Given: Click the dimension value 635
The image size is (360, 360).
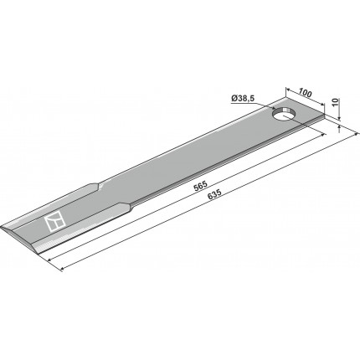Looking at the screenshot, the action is click(x=215, y=193).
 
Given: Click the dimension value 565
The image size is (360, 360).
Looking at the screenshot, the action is click(x=201, y=185).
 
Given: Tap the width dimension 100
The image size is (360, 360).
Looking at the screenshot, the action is click(x=305, y=93).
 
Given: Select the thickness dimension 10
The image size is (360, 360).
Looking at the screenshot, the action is click(x=336, y=102).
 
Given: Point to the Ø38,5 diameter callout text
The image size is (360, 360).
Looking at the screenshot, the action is click(x=244, y=99).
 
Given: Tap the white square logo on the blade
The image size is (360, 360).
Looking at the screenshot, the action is click(x=54, y=221).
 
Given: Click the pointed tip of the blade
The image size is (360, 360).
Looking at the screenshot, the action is click(x=2, y=228).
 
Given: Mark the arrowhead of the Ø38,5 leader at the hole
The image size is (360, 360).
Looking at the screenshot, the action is click(x=274, y=108).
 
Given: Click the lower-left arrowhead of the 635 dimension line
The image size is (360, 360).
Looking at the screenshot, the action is click(x=63, y=270).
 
